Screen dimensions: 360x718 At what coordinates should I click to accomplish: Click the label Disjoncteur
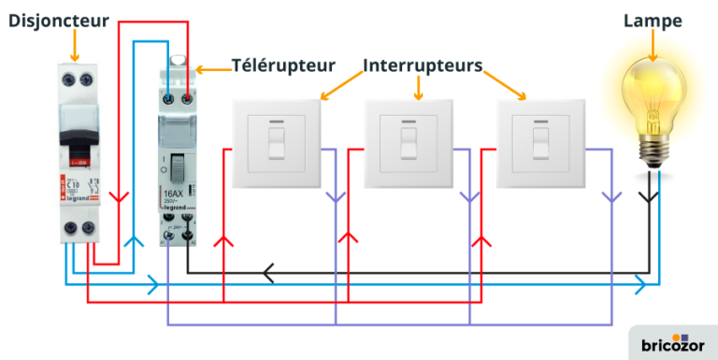click(x=58, y=20)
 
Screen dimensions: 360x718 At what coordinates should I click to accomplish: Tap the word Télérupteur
click(x=283, y=65)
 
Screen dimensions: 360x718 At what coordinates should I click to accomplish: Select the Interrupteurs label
click(x=423, y=65)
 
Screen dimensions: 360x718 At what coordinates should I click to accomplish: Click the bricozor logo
click(x=672, y=343)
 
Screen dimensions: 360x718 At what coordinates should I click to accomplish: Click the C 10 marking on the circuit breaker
click(x=71, y=185)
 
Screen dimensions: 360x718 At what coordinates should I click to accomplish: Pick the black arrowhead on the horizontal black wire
click(x=268, y=273)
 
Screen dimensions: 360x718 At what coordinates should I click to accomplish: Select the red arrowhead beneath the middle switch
click(x=348, y=241)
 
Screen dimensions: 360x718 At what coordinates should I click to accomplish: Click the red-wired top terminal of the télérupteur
click(x=188, y=98)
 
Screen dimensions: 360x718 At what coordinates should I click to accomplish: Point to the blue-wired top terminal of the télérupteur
click(x=169, y=98)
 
